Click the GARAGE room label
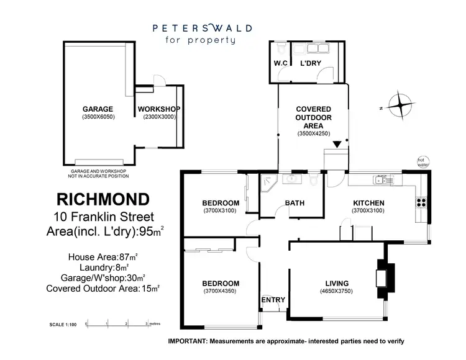tap(98, 109)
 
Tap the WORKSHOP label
tap(159, 109)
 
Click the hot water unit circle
tap(424, 161)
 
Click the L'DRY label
tap(311, 64)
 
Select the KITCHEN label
tap(369, 203)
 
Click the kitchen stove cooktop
tap(421, 201)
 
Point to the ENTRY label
tap(273, 300)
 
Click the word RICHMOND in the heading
tap(103, 199)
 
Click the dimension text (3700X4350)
tap(221, 291)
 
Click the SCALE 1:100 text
tap(63, 325)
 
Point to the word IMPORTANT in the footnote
tap(188, 341)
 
